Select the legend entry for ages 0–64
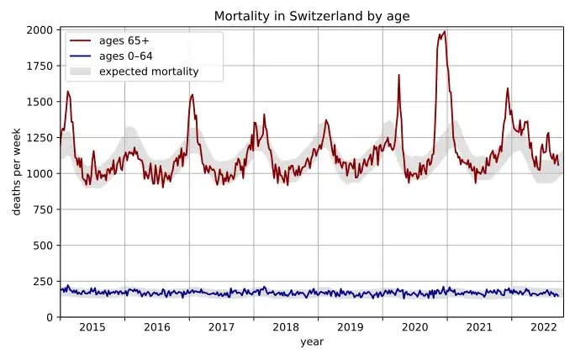coord(125,56)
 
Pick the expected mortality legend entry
coord(148,71)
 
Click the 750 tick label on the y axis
coord(44,209)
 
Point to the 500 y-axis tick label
coord(44,246)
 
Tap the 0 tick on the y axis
coord(50,317)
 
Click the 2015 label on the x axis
coord(92,328)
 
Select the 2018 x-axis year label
coord(286,328)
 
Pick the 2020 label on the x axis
coord(414,328)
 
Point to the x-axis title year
coord(312,342)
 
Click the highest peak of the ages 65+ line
coord(444,32)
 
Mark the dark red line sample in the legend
coord(81,40)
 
